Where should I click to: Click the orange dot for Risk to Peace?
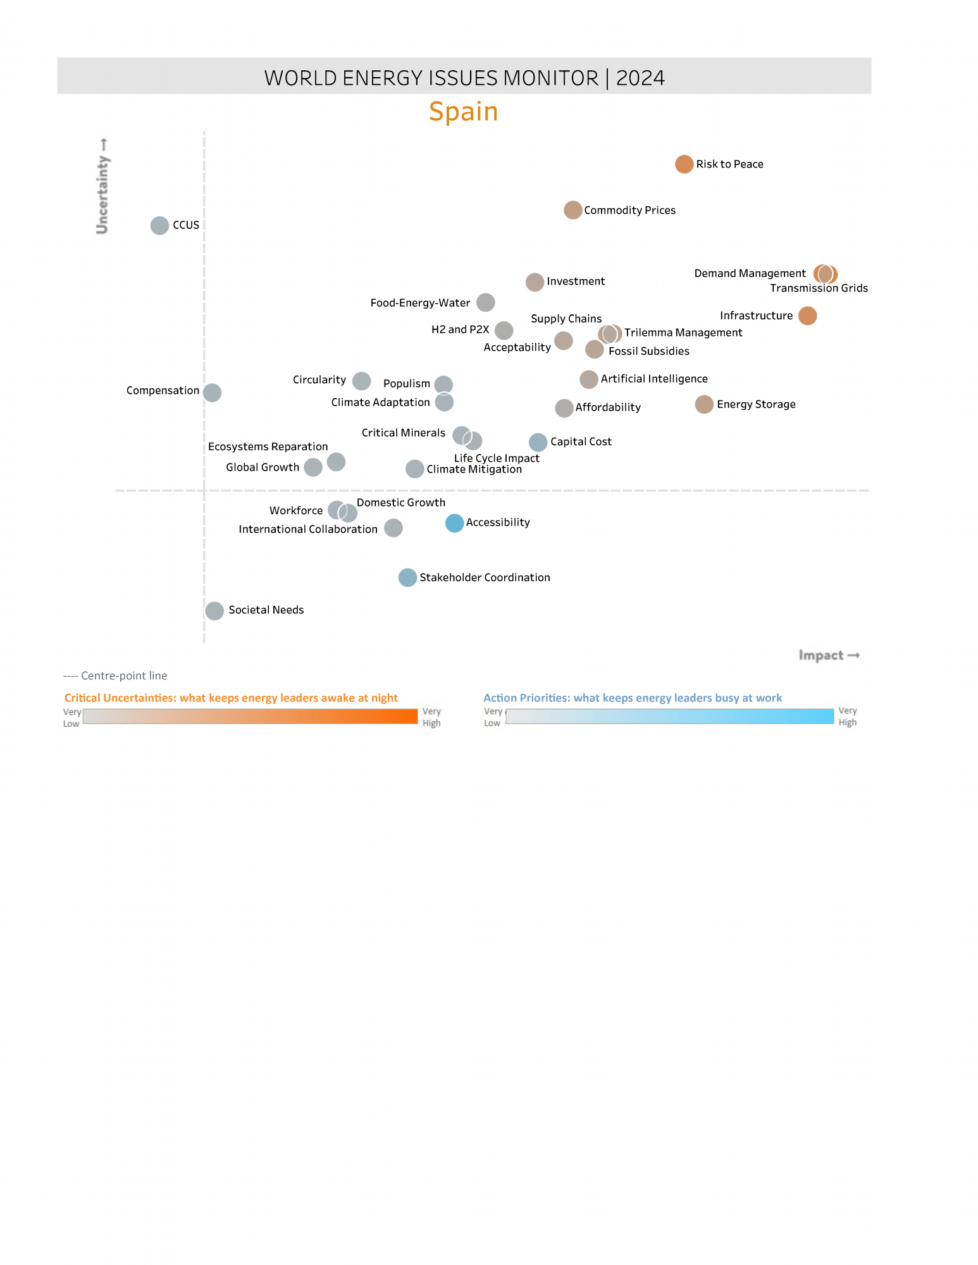684,164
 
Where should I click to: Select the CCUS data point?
159,225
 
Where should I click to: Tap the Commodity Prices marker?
573,210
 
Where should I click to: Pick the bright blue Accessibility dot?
454,523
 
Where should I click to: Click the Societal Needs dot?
214,611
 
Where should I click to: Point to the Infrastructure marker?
807,316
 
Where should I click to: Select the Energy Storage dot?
704,404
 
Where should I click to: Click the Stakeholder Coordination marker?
407,577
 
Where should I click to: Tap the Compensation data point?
212,393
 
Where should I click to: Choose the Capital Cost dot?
538,442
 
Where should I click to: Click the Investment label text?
576,281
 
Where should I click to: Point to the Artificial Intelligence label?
654,379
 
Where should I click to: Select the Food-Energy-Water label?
420,303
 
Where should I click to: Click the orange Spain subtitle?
464,112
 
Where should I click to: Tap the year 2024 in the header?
640,78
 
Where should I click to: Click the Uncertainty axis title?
102,187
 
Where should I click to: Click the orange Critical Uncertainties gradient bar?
251,716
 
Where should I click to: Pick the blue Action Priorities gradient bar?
669,716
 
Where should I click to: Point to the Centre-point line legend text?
115,676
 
